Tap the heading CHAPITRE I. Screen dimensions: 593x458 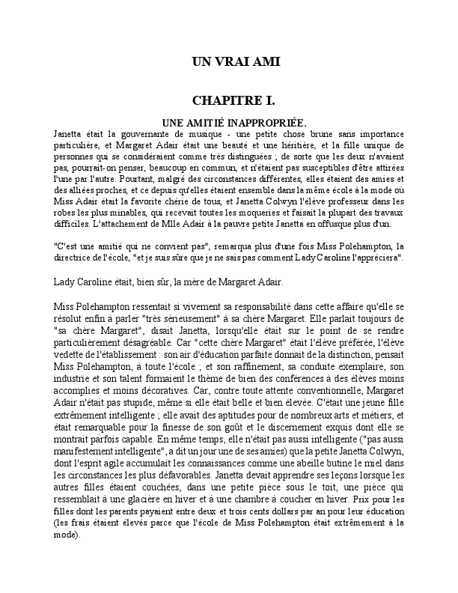(x=233, y=100)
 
